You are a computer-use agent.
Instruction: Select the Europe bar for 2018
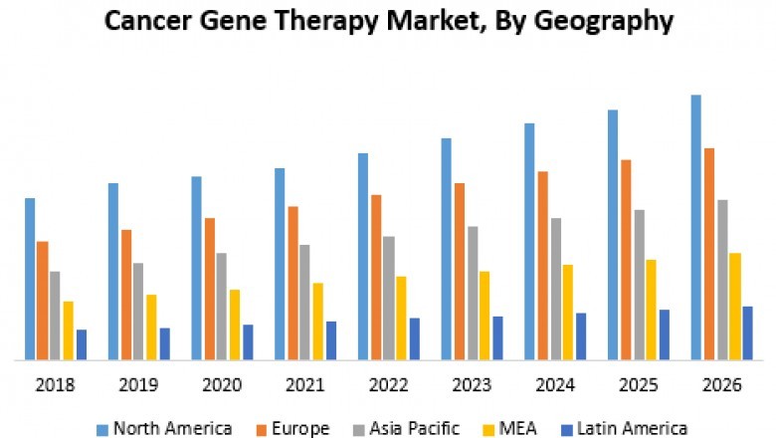[43, 300]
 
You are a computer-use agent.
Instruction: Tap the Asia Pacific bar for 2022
[388, 298]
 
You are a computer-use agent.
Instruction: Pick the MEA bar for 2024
[567, 312]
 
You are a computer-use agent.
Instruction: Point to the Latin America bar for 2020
[248, 341]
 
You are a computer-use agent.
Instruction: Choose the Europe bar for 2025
[626, 259]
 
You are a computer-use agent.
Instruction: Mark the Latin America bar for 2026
[747, 332]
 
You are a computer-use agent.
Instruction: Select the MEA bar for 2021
[317, 321]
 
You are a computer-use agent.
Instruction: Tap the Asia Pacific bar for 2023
[472, 293]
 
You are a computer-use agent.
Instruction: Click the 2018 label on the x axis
[56, 385]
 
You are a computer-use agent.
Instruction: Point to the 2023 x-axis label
[472, 385]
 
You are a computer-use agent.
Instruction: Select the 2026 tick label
[721, 385]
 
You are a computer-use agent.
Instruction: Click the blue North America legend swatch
[101, 429]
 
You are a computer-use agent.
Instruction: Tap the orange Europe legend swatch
[264, 429]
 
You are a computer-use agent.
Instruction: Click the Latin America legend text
[633, 428]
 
